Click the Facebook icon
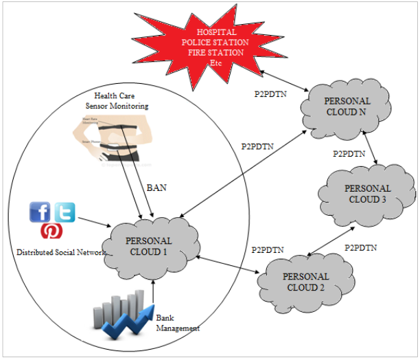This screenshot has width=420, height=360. (x=40, y=212)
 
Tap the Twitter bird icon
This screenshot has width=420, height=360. (x=64, y=212)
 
